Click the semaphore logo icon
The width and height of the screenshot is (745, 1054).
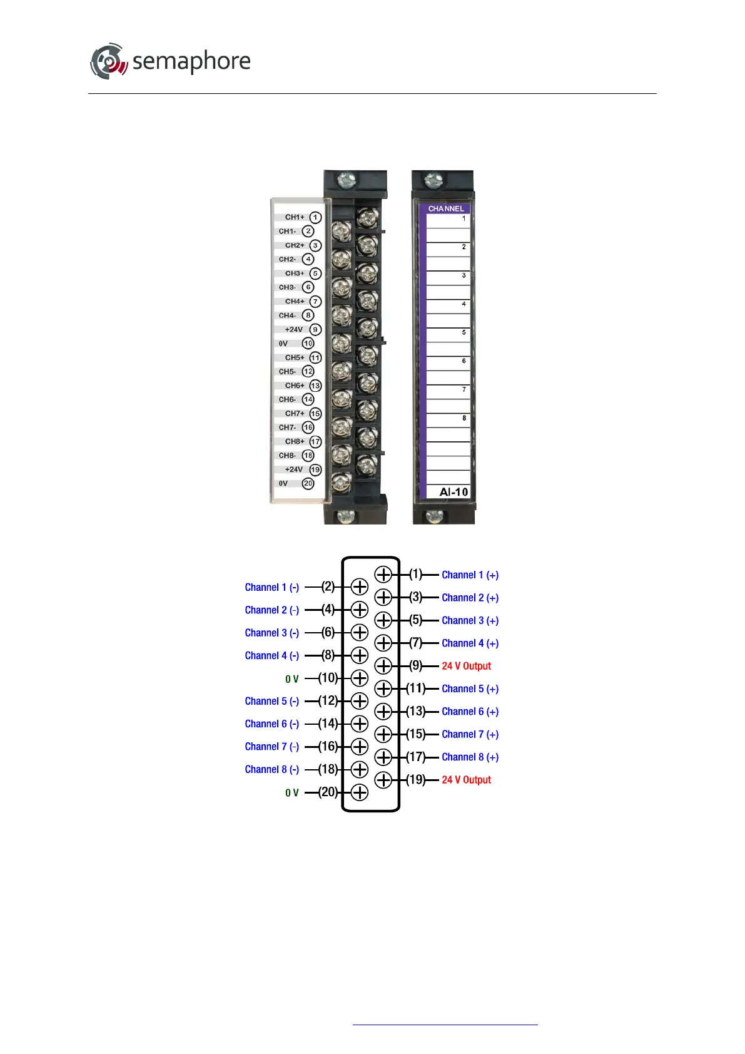point(109,61)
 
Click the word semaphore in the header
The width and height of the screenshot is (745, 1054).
point(191,61)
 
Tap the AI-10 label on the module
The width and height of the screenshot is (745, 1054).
point(454,492)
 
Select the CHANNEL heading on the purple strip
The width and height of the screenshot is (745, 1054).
point(446,208)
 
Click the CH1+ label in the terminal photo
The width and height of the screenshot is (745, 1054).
point(295,217)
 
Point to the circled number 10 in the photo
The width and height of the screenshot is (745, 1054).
point(308,344)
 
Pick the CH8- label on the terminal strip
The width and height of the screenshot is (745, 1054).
point(287,456)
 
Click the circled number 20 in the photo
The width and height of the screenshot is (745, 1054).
point(308,483)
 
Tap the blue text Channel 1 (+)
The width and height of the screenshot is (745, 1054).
point(470,575)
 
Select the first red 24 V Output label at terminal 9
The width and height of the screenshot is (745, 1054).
point(466,666)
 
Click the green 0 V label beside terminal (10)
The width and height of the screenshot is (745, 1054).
point(292,679)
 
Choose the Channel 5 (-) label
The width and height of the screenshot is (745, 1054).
point(272,702)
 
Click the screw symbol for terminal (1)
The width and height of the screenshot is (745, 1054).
point(383,575)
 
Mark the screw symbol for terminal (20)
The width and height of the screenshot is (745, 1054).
point(360,792)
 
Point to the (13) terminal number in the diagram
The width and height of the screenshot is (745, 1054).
point(416,711)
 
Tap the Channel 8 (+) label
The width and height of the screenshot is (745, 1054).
point(470,757)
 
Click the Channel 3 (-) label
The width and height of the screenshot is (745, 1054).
point(272,633)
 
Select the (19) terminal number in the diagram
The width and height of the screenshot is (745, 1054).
point(416,780)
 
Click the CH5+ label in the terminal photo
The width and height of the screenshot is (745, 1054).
point(295,357)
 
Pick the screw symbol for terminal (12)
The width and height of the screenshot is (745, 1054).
point(360,701)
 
